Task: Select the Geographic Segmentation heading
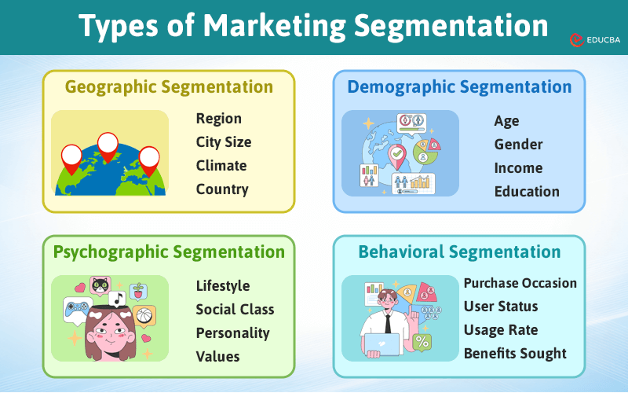(x=169, y=86)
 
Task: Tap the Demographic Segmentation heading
(x=459, y=86)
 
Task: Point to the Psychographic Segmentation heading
(x=169, y=252)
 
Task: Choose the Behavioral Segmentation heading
(x=459, y=252)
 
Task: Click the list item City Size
(x=224, y=142)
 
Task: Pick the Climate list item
(x=221, y=166)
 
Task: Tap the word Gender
(x=518, y=145)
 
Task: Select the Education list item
(x=527, y=192)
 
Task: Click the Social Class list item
(x=235, y=310)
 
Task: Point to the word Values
(x=217, y=357)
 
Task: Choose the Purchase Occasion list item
(x=520, y=283)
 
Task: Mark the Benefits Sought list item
(x=514, y=354)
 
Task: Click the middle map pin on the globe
(x=108, y=144)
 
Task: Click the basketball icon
(x=144, y=315)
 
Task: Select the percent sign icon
(x=422, y=342)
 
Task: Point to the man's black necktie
(x=388, y=321)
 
